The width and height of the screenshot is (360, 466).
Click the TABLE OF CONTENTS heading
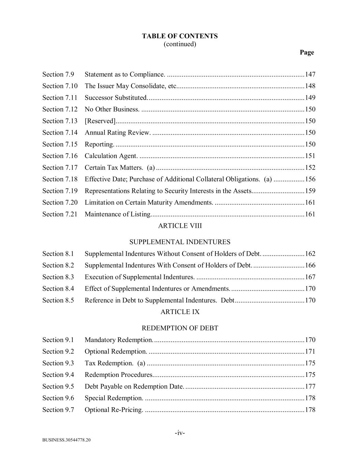(180, 36)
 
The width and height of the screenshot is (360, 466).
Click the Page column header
(307, 52)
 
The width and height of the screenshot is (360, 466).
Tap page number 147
(310, 74)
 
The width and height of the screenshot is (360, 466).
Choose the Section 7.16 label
(60, 156)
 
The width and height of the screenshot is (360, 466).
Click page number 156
(310, 179)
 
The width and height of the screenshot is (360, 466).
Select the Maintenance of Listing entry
(118, 214)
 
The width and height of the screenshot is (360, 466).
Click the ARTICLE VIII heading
(180, 226)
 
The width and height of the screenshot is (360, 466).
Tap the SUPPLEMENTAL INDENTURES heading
(180, 242)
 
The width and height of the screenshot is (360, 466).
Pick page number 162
(310, 254)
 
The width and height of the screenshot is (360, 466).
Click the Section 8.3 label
(58, 277)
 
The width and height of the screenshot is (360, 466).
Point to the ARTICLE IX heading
(180, 312)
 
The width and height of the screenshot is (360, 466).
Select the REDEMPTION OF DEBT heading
(180, 328)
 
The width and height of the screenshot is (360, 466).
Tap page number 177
(310, 386)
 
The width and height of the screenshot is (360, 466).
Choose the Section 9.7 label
(58, 410)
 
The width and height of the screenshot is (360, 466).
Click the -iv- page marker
(180, 433)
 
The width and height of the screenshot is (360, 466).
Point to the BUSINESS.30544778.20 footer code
(67, 440)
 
